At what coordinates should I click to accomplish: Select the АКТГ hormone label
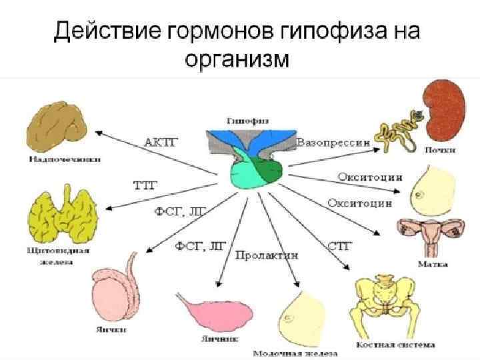[x=158, y=141]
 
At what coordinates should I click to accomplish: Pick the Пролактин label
[x=266, y=254]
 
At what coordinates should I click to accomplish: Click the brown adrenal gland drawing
[x=58, y=127]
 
